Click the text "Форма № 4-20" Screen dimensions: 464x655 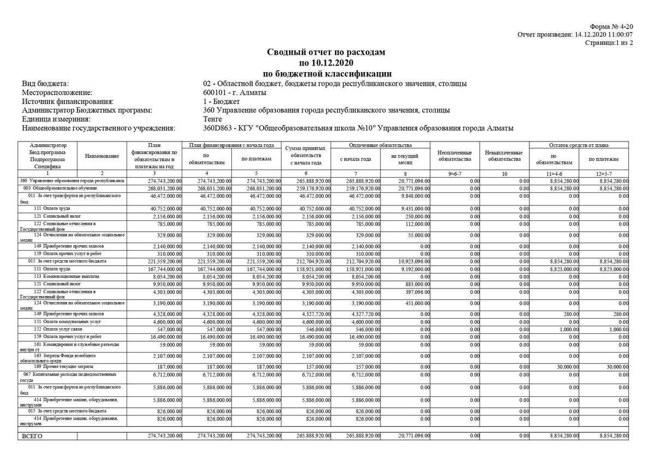[611, 27]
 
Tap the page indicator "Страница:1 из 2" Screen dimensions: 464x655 [609, 43]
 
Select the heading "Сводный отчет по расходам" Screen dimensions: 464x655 [326, 52]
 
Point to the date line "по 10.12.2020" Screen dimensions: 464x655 [326, 63]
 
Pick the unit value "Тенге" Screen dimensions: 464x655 [212, 119]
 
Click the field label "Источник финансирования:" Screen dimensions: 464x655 [68, 101]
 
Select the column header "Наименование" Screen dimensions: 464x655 [102, 156]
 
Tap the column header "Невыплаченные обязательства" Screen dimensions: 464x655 [503, 156]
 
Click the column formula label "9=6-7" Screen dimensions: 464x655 [454, 173]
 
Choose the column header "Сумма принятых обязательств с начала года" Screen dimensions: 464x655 [306, 155]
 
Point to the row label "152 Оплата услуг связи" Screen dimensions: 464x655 [57, 329]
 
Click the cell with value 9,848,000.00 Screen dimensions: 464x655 [415, 195]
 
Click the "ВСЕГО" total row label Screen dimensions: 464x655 [32, 436]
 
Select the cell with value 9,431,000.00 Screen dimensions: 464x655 [415, 208]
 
